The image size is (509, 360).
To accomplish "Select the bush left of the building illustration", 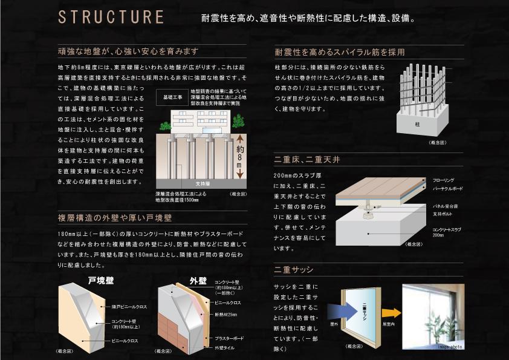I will coord(164,126).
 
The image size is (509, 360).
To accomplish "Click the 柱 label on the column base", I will coord(417,123).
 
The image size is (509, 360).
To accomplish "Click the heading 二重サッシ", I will coord(294,269).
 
